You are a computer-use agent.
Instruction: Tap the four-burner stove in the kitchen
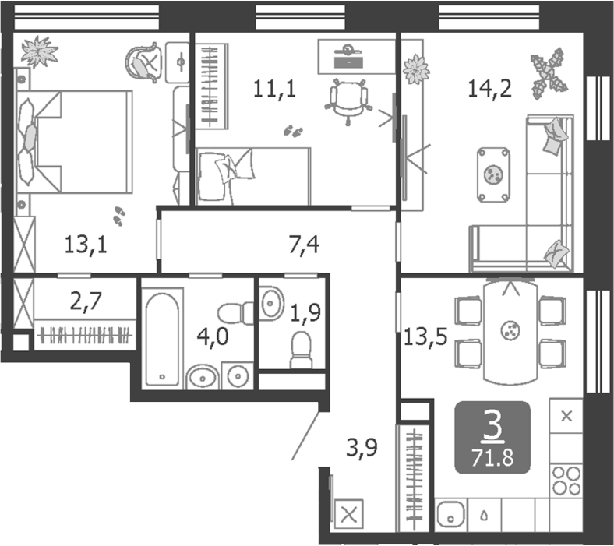[x=566, y=479]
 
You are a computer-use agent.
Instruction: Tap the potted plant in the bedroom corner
[x=39, y=51]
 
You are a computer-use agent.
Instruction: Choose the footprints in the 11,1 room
[x=294, y=131]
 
